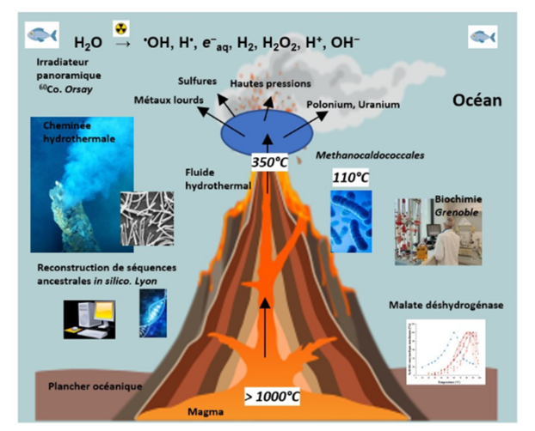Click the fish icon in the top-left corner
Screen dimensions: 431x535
pos(42,34)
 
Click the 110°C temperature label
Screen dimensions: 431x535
pos(349,179)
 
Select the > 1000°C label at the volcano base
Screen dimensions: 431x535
pos(273,397)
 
